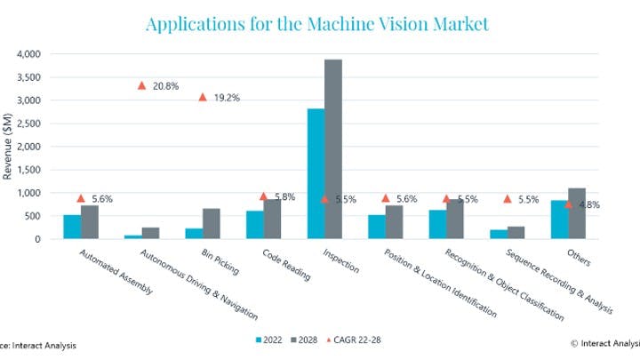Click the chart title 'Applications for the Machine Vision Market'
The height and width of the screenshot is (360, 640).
(x=316, y=24)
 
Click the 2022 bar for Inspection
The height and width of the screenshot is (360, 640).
(x=316, y=173)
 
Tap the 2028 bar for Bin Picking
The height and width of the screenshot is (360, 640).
(x=212, y=223)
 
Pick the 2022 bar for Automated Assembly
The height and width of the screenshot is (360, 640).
(x=72, y=227)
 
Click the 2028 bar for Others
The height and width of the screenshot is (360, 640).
(x=577, y=213)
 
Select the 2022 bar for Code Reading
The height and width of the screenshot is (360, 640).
(x=254, y=225)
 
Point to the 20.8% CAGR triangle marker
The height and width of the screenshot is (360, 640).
(x=141, y=85)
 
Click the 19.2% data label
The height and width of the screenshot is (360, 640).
(x=227, y=97)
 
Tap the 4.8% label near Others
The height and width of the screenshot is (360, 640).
(x=588, y=204)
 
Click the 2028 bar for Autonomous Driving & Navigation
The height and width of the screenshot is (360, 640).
(x=150, y=233)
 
